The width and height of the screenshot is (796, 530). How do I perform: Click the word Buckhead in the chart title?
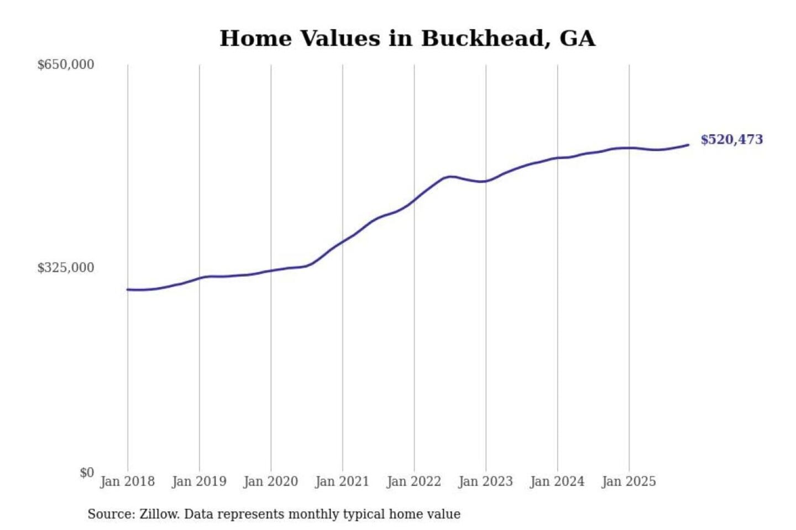pos(485,39)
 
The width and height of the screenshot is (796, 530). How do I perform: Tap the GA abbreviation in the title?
pos(577,39)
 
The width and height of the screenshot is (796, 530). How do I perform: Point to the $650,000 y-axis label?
pos(66,65)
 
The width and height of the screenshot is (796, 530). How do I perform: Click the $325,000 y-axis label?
pos(66,268)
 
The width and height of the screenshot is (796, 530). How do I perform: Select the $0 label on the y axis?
pos(87,473)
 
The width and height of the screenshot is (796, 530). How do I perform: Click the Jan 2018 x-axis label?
pos(127,481)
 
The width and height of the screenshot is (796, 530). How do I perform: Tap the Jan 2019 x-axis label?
pos(199,481)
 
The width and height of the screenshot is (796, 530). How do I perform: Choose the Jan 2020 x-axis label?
pos(270,481)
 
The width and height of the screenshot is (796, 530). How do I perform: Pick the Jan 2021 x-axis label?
pos(342,481)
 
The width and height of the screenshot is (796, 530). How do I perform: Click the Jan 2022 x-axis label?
pos(413,481)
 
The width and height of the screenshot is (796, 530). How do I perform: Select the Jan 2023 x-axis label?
pos(485,481)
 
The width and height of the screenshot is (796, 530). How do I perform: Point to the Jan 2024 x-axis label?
pos(557,481)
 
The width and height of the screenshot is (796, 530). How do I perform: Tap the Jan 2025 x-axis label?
pos(629,481)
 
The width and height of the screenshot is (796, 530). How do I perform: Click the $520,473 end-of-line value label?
pos(731,140)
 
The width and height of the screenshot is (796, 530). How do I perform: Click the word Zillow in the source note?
pos(159,515)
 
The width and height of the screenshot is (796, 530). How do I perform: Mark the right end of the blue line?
pos(688,145)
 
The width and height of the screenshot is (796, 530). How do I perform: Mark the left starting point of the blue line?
pos(128,289)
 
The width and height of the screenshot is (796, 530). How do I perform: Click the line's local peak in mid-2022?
pos(452,177)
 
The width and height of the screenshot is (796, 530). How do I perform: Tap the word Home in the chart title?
pos(255,39)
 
